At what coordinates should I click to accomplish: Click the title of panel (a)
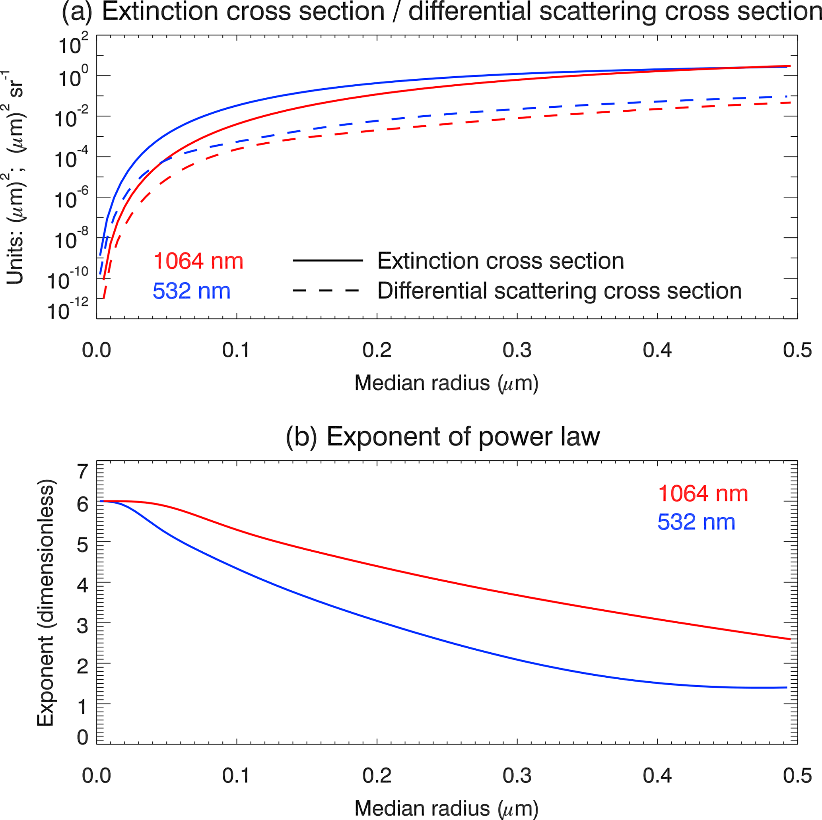pyautogui.click(x=441, y=12)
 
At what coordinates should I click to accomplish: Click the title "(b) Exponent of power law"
pyautogui.click(x=443, y=436)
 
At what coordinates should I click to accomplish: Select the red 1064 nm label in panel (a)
pyautogui.click(x=198, y=261)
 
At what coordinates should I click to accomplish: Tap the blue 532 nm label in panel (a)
pyautogui.click(x=191, y=291)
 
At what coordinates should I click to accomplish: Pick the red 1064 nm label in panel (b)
pyautogui.click(x=703, y=494)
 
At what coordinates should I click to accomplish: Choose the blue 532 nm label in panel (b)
pyautogui.click(x=696, y=522)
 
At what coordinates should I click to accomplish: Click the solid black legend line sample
pyautogui.click(x=328, y=260)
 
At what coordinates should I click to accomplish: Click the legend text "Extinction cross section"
pyautogui.click(x=501, y=261)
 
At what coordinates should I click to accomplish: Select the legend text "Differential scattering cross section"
pyautogui.click(x=560, y=291)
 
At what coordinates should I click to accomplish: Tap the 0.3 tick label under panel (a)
pyautogui.click(x=517, y=350)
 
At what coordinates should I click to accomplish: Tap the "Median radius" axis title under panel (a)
pyautogui.click(x=446, y=383)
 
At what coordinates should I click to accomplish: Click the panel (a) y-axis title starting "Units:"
pyautogui.click(x=15, y=178)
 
